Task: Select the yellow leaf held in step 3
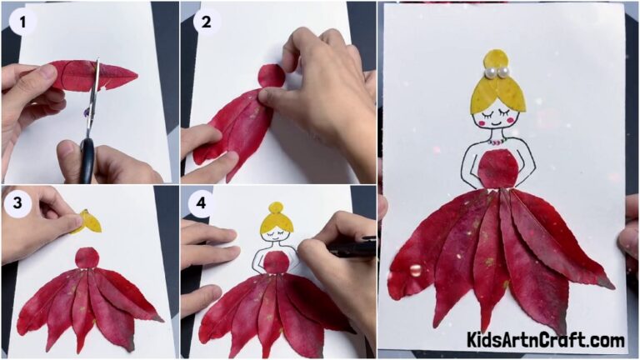[89, 222]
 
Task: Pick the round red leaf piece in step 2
[272, 76]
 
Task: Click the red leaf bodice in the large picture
[499, 168]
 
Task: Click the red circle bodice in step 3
[87, 257]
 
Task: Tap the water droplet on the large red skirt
[415, 270]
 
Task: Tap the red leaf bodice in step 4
[276, 262]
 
